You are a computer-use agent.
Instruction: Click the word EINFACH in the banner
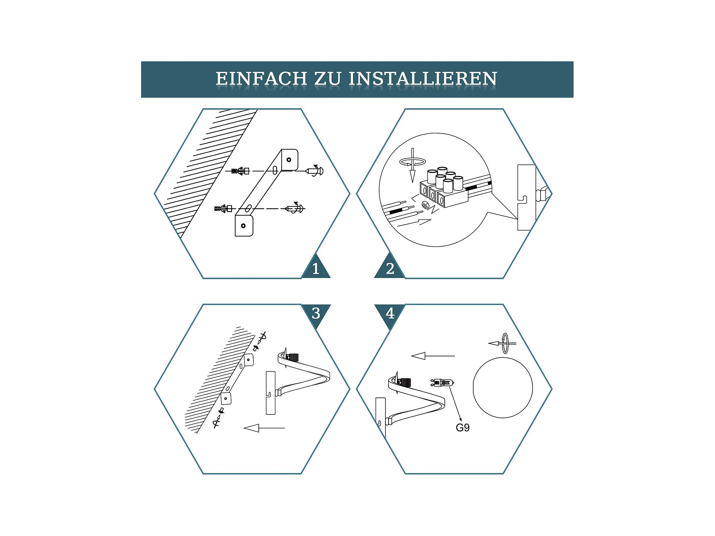[x=261, y=79]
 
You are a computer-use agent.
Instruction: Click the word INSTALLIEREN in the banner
[x=423, y=79]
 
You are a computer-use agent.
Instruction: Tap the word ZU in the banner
[x=328, y=79]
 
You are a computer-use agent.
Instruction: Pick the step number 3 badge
[x=316, y=313]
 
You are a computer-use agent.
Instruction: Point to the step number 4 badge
[x=390, y=313]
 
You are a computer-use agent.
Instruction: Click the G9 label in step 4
[x=462, y=428]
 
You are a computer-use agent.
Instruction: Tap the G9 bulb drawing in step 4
[x=442, y=383]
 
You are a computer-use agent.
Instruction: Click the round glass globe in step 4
[x=502, y=388]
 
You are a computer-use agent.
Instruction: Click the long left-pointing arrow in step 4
[x=433, y=356]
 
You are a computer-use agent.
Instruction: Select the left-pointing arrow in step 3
[x=264, y=428]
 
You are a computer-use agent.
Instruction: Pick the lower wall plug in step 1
[x=223, y=209]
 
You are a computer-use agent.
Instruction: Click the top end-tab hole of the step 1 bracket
[x=289, y=160]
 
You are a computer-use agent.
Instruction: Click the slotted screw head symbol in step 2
[x=425, y=204]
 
